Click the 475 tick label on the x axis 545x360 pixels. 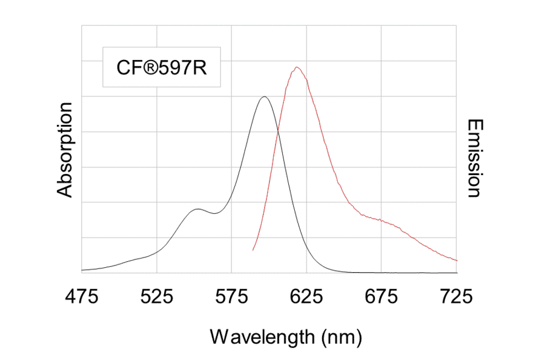click(x=82, y=298)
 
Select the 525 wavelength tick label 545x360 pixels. click(x=157, y=298)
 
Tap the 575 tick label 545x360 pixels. click(x=232, y=298)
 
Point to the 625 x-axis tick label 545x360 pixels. click(x=306, y=298)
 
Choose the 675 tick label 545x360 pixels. click(x=381, y=298)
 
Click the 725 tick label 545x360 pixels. click(x=456, y=298)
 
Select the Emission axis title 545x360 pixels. click(x=474, y=158)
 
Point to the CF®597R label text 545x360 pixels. click(x=162, y=67)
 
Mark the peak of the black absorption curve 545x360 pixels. click(x=264, y=97)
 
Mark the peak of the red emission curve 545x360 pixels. click(x=297, y=67)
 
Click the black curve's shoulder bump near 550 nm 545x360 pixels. click(x=197, y=209)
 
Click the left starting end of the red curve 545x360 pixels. click(x=253, y=250)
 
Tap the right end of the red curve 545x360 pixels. click(x=457, y=260)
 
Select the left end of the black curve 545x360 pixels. click(x=82, y=270)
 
